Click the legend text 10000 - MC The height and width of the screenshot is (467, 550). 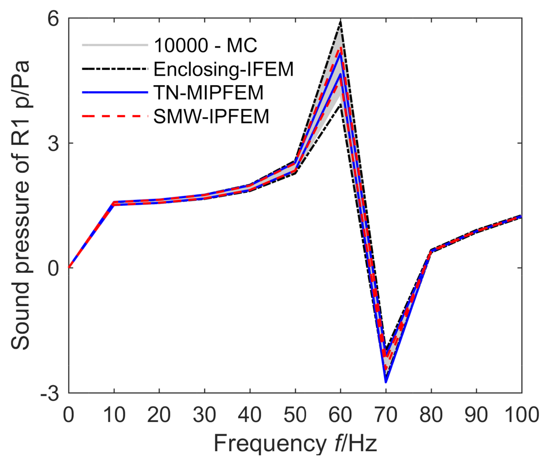pyautogui.click(x=205, y=45)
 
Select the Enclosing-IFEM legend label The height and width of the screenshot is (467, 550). pyautogui.click(x=224, y=69)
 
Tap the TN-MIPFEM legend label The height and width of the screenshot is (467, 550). pyautogui.click(x=209, y=93)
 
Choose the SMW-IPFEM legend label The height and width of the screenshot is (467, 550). pyautogui.click(x=211, y=117)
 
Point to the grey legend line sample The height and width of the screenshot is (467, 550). pyautogui.click(x=115, y=45)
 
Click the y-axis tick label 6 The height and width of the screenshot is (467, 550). pyautogui.click(x=53, y=19)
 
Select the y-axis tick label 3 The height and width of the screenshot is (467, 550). pyautogui.click(x=53, y=143)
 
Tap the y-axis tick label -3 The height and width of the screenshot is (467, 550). pyautogui.click(x=50, y=393)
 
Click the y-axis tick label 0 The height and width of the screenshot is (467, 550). pyautogui.click(x=53, y=268)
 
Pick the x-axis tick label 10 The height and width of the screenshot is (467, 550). pyautogui.click(x=114, y=415)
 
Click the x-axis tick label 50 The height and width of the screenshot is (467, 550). pyautogui.click(x=295, y=415)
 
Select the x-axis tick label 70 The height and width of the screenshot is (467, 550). pyautogui.click(x=386, y=415)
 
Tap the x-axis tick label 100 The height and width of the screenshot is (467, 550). pyautogui.click(x=521, y=415)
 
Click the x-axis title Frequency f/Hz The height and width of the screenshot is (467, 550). pyautogui.click(x=295, y=444)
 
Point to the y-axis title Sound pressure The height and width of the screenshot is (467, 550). pyautogui.click(x=21, y=205)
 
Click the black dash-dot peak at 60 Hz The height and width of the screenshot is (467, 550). pyautogui.click(x=340, y=22)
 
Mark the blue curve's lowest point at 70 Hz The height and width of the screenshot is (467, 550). pyautogui.click(x=386, y=382)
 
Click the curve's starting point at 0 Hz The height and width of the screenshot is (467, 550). pyautogui.click(x=69, y=267)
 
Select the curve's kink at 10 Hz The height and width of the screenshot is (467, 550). pyautogui.click(x=114, y=203)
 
